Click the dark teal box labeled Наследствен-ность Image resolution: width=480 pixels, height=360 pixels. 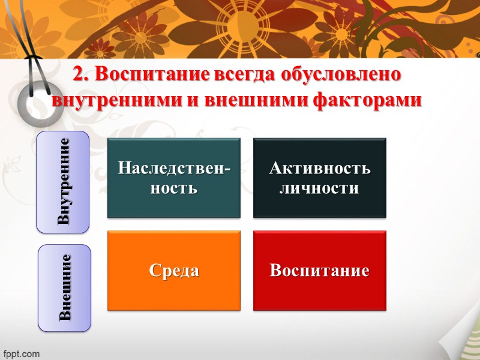click(x=174, y=178)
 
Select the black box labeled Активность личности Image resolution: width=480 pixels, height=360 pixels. click(x=320, y=178)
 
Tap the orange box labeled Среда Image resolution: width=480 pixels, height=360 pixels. click(x=174, y=271)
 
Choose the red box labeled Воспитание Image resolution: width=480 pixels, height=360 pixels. click(x=320, y=271)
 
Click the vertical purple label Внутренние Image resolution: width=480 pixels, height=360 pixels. click(x=63, y=182)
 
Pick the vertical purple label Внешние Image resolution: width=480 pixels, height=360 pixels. click(x=65, y=288)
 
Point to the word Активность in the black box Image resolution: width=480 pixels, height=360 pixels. click(x=320, y=168)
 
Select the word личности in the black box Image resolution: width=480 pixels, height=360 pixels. click(x=320, y=188)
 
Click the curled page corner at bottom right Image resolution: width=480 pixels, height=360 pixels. click(x=459, y=339)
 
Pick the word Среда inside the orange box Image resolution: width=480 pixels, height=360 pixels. click(x=174, y=271)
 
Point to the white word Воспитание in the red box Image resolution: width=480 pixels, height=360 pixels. click(x=320, y=271)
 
